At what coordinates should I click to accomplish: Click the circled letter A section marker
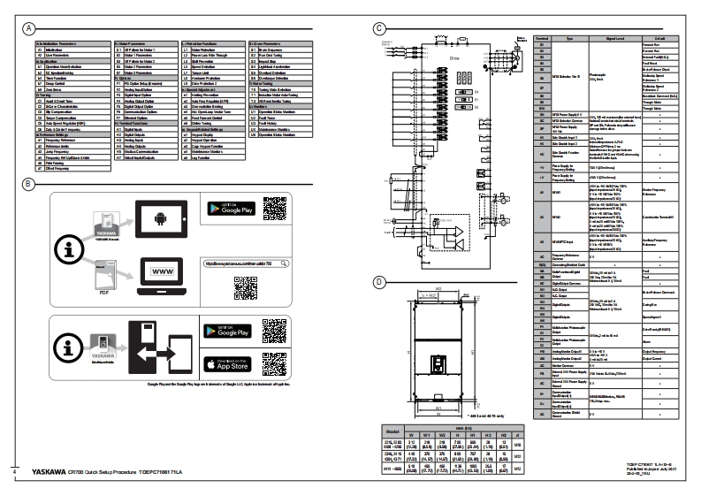[x=29, y=29]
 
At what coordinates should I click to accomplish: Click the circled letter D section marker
[x=379, y=283]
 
